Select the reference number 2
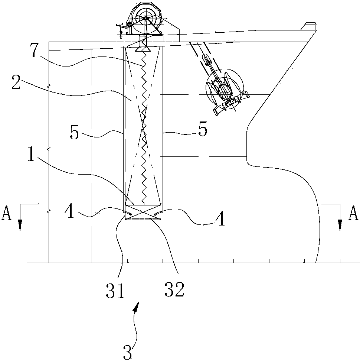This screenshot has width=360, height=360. (x=16, y=81)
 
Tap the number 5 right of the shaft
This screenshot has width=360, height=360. (x=203, y=129)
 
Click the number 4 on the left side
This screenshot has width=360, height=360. (x=69, y=211)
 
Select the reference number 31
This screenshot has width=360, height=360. (x=115, y=291)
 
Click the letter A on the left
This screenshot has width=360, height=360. (x=6, y=213)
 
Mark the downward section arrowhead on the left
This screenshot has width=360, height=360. (x=20, y=225)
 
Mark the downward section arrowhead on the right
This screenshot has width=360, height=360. (x=340, y=225)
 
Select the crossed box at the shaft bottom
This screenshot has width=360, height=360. (x=144, y=212)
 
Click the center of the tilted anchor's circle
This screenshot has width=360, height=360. (x=225, y=88)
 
